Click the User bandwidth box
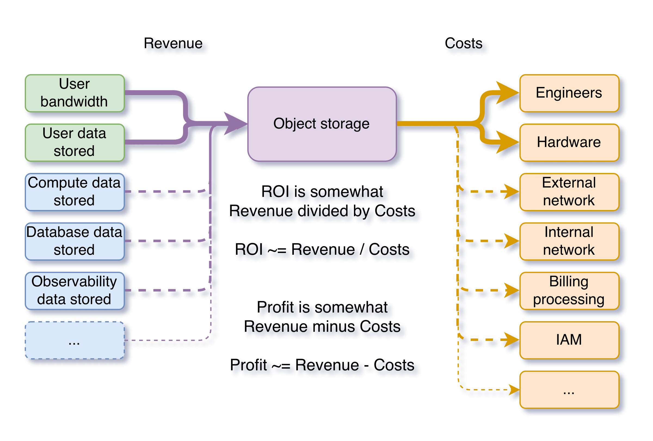click(x=75, y=93)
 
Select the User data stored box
click(x=75, y=142)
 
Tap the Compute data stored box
click(x=75, y=192)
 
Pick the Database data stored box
click(x=75, y=241)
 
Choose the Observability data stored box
click(x=75, y=291)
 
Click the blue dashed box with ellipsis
click(x=75, y=340)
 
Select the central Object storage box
click(x=322, y=124)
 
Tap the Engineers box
click(x=569, y=93)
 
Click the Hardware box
click(x=569, y=142)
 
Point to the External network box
click(x=569, y=192)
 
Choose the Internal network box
click(x=569, y=241)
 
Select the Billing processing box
click(x=569, y=291)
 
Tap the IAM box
click(x=569, y=340)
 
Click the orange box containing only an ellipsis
click(x=569, y=390)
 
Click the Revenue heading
click(x=173, y=43)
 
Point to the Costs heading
click(x=464, y=43)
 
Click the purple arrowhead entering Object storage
click(x=235, y=123)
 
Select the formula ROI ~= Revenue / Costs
click(x=322, y=249)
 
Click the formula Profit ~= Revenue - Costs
click(x=322, y=365)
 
